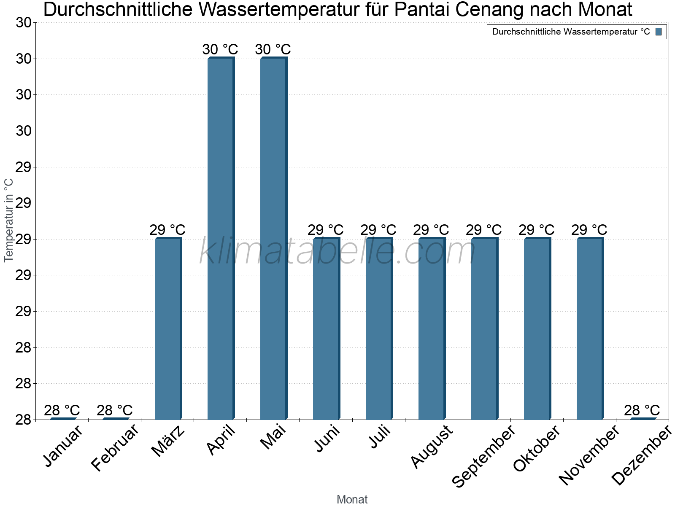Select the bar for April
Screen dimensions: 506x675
coord(220,238)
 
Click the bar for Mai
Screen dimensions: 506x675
coord(273,238)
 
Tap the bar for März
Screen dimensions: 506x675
coord(167,329)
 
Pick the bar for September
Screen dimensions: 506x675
coord(484,329)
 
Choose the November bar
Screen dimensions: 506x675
coord(589,329)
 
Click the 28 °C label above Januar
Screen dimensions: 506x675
coord(62,410)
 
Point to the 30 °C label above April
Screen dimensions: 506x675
coord(220,49)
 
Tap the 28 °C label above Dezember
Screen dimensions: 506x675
coord(642,410)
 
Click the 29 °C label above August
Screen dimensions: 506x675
coord(431,230)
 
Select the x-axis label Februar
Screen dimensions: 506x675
coord(114,448)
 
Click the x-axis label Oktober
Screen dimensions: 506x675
coord(536,448)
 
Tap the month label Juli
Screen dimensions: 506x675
coord(379,437)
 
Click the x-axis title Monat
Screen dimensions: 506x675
coord(352,500)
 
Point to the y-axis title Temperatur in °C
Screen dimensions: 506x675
coord(9,220)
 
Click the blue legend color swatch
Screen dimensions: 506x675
coord(659,32)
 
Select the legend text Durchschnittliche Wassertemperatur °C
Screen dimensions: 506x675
coord(571,32)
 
